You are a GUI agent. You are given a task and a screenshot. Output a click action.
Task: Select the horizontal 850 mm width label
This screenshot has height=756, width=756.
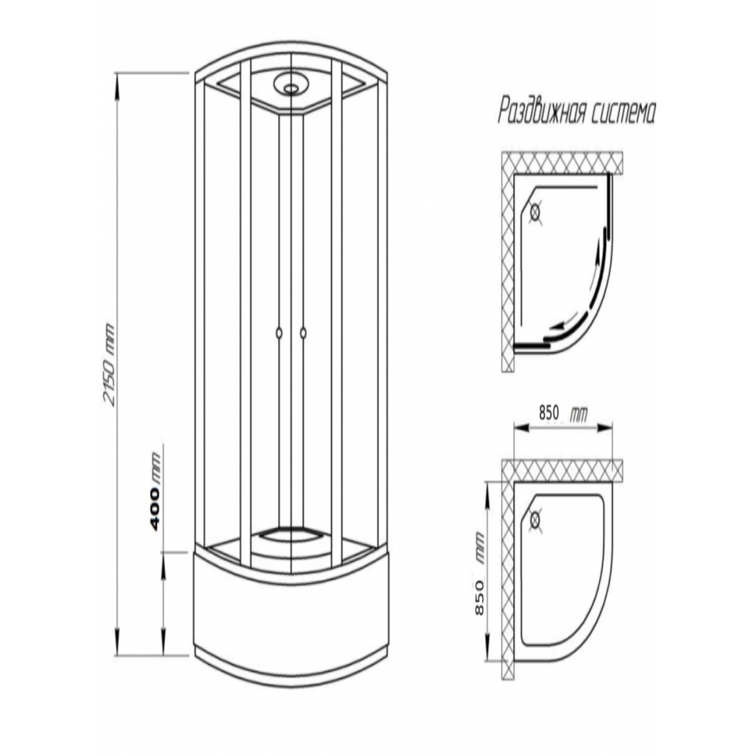point(563,413)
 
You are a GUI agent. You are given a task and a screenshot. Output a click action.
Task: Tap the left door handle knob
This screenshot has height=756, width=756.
point(279,333)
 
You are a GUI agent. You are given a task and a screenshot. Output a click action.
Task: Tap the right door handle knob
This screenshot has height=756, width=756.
point(303,333)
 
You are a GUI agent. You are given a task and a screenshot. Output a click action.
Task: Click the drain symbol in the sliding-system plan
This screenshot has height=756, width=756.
point(535,212)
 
